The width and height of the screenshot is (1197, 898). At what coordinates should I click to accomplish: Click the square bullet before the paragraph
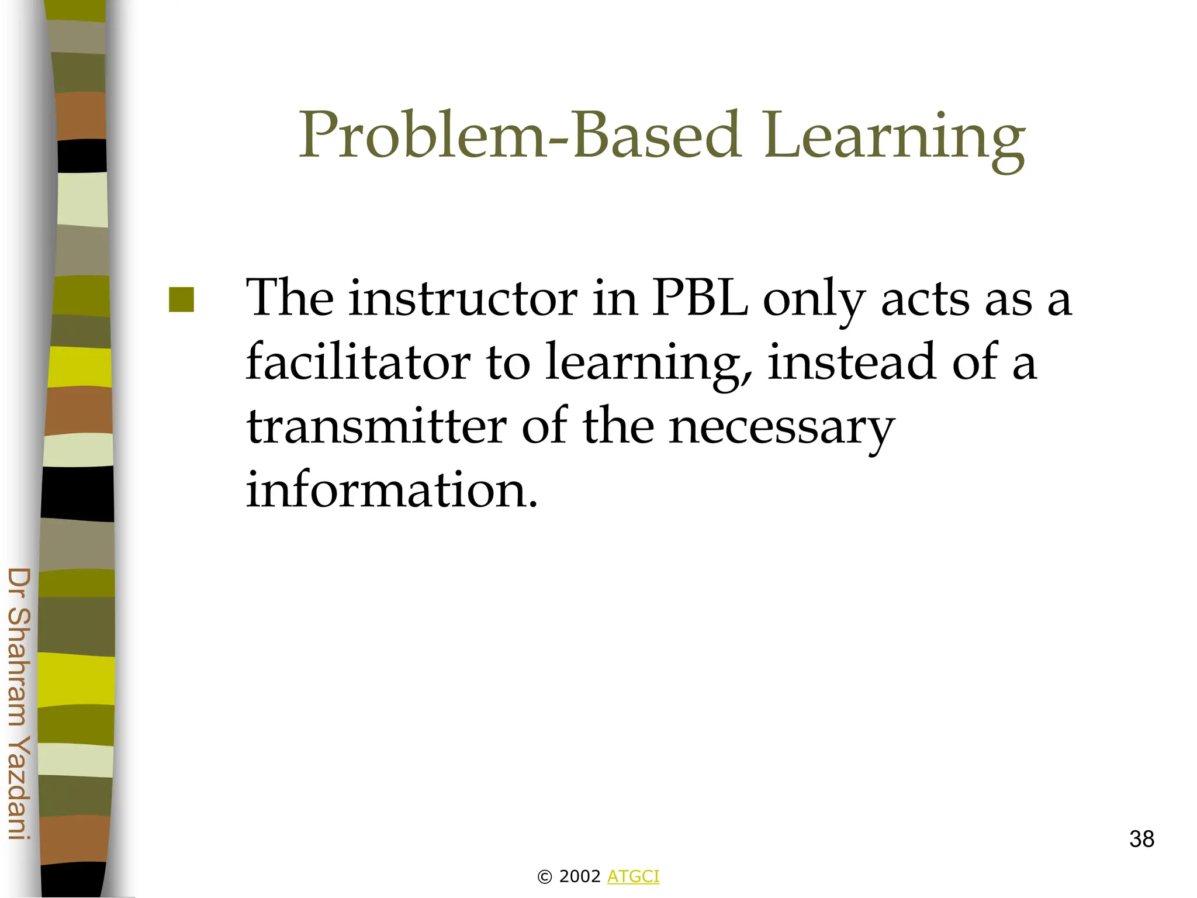(x=181, y=300)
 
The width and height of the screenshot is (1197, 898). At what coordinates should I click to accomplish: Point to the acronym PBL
(x=700, y=299)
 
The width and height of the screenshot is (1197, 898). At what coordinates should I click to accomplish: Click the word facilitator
(x=358, y=362)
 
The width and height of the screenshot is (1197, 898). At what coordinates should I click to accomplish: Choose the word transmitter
(x=376, y=426)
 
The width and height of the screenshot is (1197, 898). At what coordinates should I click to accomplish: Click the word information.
(x=390, y=489)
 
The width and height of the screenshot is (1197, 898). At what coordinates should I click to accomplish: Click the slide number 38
(x=1141, y=839)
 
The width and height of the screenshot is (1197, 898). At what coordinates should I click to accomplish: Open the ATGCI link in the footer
(x=633, y=876)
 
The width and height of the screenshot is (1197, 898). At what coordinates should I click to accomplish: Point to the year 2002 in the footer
(x=580, y=876)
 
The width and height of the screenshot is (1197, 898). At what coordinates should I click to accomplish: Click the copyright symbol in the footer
(x=544, y=877)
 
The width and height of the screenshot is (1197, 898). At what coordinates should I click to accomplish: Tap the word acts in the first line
(x=926, y=300)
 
